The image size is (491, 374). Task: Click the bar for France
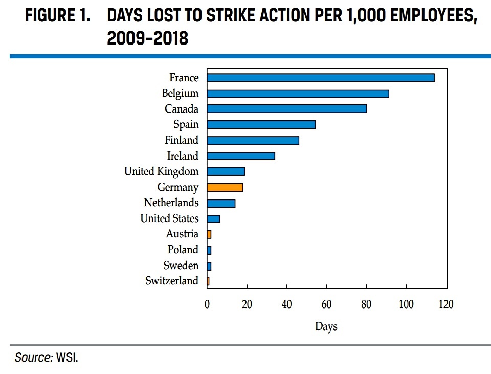click(321, 78)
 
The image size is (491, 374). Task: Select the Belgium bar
click(298, 94)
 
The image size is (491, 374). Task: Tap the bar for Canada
click(287, 108)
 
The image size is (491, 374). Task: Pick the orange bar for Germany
click(225, 187)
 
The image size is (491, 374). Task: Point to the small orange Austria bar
click(209, 234)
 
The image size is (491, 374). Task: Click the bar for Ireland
click(241, 156)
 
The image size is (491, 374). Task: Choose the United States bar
click(213, 218)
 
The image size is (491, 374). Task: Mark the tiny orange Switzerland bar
click(208, 281)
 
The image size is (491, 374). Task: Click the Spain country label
click(186, 125)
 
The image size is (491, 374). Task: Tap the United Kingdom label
click(161, 172)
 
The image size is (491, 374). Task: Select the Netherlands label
click(171, 203)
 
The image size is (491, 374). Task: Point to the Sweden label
click(181, 266)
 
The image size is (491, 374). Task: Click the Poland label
click(183, 250)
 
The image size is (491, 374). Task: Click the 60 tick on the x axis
click(326, 304)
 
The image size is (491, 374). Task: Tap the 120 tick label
click(446, 304)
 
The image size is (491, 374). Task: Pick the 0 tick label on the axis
click(207, 304)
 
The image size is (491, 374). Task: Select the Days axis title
click(326, 326)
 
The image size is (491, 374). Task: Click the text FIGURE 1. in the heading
click(58, 15)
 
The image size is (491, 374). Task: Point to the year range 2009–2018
click(147, 38)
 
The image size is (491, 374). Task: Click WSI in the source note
click(67, 358)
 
